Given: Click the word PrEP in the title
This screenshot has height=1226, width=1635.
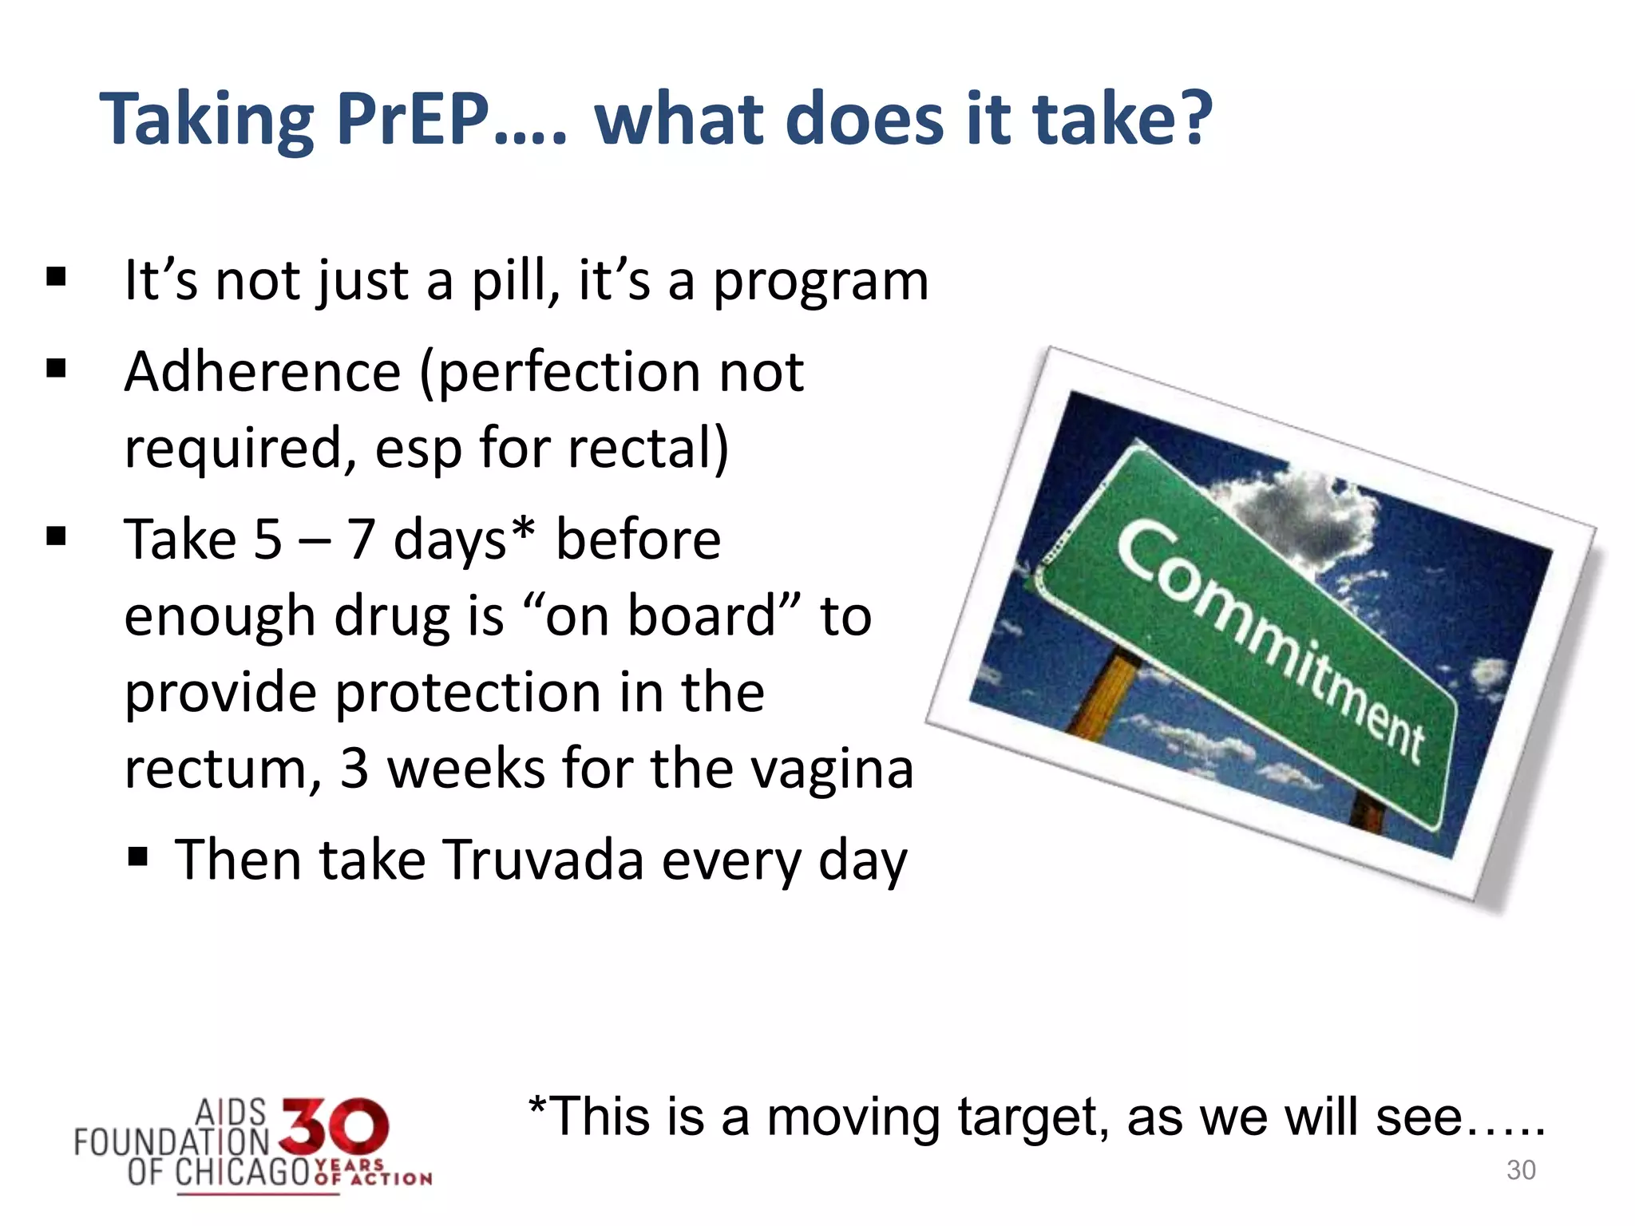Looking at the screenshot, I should pyautogui.click(x=413, y=120).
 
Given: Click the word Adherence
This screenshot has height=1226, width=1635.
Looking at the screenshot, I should pyautogui.click(x=262, y=373).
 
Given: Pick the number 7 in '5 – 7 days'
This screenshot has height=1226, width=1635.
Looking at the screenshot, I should pyautogui.click(x=361, y=540).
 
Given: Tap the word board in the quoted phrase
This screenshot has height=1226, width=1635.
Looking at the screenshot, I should pyautogui.click(x=702, y=616).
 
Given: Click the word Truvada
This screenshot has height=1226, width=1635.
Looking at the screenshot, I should pyautogui.click(x=543, y=860).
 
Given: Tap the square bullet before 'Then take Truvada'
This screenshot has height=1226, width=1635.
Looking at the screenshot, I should pyautogui.click(x=138, y=858).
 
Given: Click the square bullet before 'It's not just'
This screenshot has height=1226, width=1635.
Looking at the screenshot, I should pyautogui.click(x=56, y=277).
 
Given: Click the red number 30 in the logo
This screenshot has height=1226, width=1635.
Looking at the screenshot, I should pyautogui.click(x=335, y=1127).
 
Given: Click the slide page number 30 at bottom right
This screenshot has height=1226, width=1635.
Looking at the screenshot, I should pyautogui.click(x=1520, y=1170).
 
